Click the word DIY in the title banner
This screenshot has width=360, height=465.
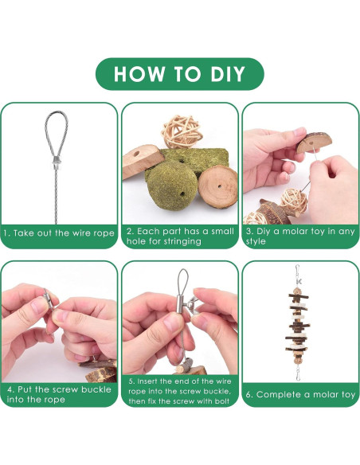[228, 74]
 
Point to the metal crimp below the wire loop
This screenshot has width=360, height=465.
[57, 162]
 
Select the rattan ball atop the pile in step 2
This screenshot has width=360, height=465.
[182, 131]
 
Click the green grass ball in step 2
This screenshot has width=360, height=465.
[172, 185]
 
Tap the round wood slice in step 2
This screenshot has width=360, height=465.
[218, 186]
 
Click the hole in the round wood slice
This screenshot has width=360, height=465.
[220, 187]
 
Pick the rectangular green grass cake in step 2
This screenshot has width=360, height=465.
[194, 160]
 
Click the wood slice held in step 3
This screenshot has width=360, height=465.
[314, 143]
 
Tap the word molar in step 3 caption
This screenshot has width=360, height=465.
[297, 232]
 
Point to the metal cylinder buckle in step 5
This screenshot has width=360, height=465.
[181, 305]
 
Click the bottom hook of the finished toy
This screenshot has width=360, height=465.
[298, 373]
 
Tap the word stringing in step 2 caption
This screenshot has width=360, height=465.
[182, 241]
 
